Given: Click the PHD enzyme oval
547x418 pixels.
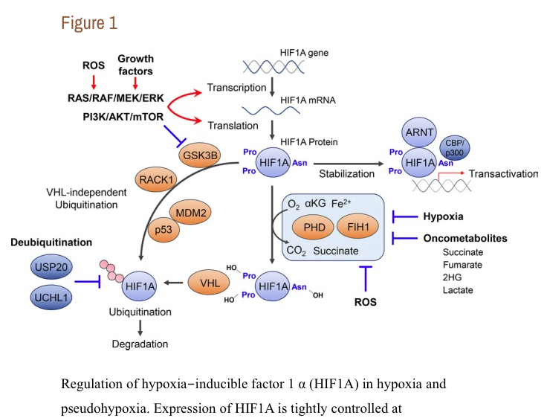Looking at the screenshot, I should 316,225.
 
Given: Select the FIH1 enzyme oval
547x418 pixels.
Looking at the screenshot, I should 360,225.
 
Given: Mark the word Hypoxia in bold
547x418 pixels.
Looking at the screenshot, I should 444,216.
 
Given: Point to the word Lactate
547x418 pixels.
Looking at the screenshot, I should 458,289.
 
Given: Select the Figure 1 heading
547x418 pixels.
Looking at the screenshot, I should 88,23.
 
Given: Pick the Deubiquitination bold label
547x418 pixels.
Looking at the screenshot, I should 51,242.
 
